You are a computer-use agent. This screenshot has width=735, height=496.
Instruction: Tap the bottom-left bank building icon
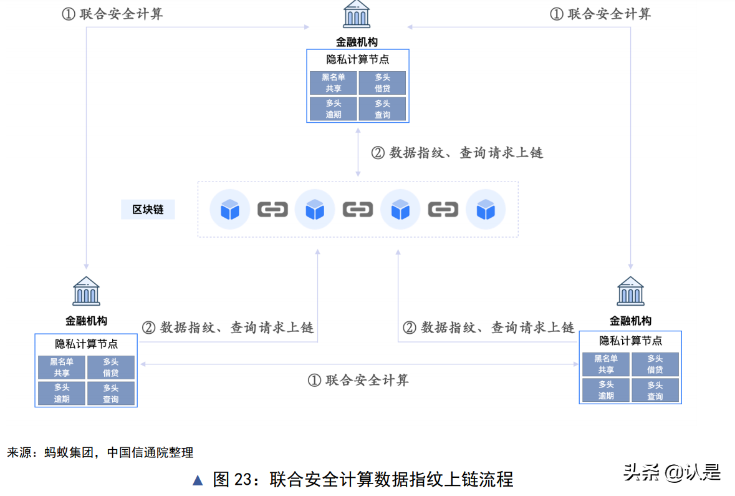[x=86, y=291]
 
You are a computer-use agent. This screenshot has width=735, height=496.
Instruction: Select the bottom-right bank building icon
[x=630, y=291]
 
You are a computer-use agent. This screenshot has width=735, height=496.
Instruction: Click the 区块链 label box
[x=148, y=210]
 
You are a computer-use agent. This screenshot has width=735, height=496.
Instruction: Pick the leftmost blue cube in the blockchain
[x=230, y=210]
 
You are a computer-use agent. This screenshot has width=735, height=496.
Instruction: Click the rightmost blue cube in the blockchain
[x=485, y=210]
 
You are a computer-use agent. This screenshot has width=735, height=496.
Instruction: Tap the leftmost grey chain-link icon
[x=272, y=210]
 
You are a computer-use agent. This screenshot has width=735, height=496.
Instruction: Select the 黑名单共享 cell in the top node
[x=334, y=83]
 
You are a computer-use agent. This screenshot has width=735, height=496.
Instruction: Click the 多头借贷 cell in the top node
[x=382, y=83]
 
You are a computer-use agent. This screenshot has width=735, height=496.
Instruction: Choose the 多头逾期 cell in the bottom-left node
[x=61, y=393]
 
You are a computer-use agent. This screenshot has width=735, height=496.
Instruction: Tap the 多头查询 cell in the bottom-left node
[x=110, y=393]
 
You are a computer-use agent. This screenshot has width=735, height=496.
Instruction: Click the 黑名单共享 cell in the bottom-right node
[x=605, y=364]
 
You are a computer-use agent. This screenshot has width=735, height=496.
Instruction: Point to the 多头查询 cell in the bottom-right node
[x=655, y=390]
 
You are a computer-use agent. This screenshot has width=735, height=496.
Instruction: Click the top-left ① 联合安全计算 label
[x=113, y=14]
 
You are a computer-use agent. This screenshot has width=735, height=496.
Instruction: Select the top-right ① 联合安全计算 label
[x=600, y=14]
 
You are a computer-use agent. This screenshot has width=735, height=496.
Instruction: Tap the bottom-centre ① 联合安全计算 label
[x=358, y=380]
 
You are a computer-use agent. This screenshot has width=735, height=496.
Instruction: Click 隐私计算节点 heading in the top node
[x=358, y=60]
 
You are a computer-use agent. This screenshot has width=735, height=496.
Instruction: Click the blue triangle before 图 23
[x=198, y=480]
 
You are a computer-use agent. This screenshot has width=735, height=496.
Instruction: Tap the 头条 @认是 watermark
[x=672, y=472]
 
